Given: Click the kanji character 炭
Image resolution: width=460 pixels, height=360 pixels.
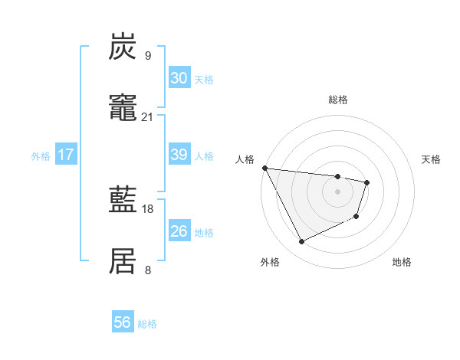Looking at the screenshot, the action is pos(123,47).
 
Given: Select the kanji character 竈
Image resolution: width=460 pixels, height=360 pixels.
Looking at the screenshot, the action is pos(123,109).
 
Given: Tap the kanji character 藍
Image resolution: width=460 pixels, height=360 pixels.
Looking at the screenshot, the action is pos(123,201).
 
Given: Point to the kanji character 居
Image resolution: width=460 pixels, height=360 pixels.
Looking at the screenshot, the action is pos(123,262).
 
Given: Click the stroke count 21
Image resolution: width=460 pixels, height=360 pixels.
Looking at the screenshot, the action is pos(147,116).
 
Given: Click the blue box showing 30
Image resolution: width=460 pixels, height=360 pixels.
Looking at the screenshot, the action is pos(179,78).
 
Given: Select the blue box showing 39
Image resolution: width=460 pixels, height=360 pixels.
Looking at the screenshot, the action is pos(179,155).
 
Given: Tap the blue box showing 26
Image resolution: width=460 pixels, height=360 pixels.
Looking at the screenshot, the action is pos(179,231).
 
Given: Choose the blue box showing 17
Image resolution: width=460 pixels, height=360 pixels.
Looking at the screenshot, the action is pos(65,155).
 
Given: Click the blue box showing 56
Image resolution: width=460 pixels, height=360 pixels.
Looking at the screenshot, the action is pos(122,322).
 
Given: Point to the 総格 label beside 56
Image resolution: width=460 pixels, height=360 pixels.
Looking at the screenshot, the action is pos(147,324).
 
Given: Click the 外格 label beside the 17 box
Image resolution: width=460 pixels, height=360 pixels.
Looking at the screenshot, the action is pos(41,156).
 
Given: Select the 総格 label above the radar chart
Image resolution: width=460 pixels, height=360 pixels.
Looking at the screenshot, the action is pos(337,100).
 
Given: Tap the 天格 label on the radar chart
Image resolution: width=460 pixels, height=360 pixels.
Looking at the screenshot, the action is pos(432,159).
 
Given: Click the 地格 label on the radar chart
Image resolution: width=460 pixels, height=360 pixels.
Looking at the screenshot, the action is pos(402,262).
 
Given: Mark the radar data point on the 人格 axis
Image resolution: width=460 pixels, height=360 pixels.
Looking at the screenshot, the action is pos(264,168).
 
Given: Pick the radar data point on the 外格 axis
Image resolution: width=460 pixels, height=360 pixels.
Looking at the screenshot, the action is pos(301,242).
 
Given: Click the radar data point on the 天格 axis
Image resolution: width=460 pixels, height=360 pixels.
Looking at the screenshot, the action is pos(367,182).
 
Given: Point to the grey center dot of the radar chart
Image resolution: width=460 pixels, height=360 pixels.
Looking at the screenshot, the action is pos(337,191).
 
